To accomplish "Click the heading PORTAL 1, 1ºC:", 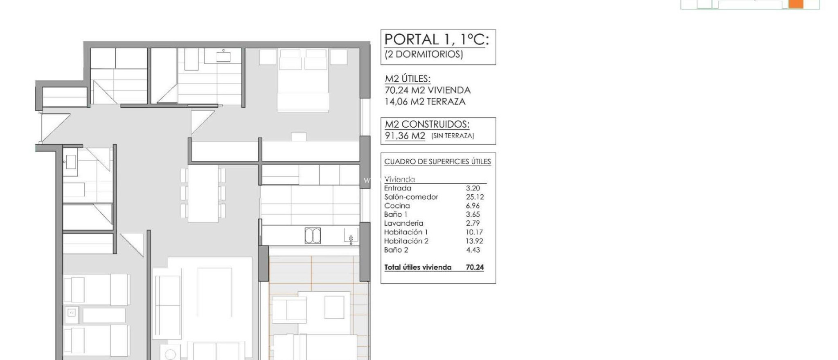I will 437,39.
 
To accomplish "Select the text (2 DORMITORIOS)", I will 424,54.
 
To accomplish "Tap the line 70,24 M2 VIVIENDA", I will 428,90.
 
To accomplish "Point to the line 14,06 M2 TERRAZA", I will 425,101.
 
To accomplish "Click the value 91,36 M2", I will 405,136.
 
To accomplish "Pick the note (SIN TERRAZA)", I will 453,136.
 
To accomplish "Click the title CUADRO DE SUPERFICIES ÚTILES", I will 437,162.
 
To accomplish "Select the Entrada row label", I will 398,188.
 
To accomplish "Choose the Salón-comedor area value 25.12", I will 475,197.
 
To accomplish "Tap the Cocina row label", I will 397,206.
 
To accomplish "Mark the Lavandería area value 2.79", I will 473,223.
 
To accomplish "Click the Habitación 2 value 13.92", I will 474,241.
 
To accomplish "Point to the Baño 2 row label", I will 396,250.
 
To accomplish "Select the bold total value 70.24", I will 475,268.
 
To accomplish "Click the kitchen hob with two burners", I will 313,236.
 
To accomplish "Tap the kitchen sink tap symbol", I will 351,239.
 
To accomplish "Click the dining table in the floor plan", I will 203,193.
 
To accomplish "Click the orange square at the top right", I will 795,4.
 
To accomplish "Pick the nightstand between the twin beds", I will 72,313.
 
